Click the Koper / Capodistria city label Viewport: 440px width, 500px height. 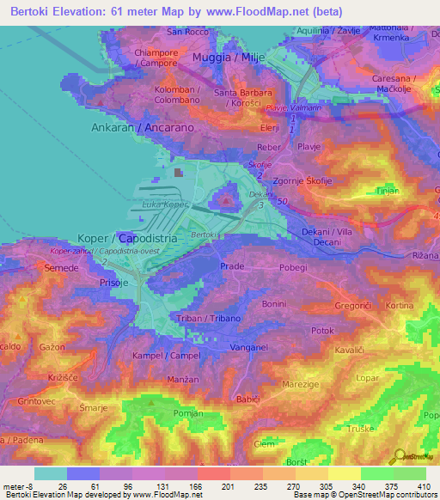(x=127, y=237)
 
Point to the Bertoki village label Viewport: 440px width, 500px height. (x=204, y=235)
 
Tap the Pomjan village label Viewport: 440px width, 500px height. (x=186, y=413)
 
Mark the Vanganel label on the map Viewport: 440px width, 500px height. (x=250, y=347)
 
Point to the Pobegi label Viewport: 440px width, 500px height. (x=293, y=267)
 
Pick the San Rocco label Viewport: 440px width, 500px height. (x=188, y=32)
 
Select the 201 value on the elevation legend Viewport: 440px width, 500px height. (x=205, y=485)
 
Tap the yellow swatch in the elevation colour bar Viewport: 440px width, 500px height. (x=345, y=473)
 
